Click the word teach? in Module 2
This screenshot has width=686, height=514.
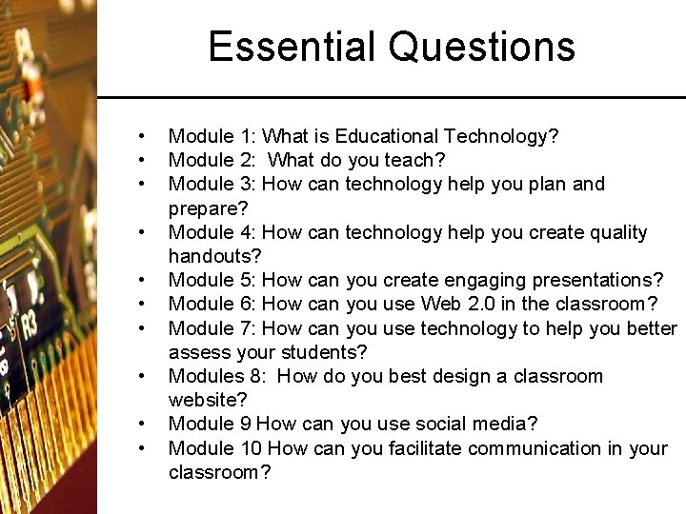pos(415,160)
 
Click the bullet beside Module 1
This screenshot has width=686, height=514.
pos(140,136)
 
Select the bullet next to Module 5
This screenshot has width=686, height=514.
pos(140,280)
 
